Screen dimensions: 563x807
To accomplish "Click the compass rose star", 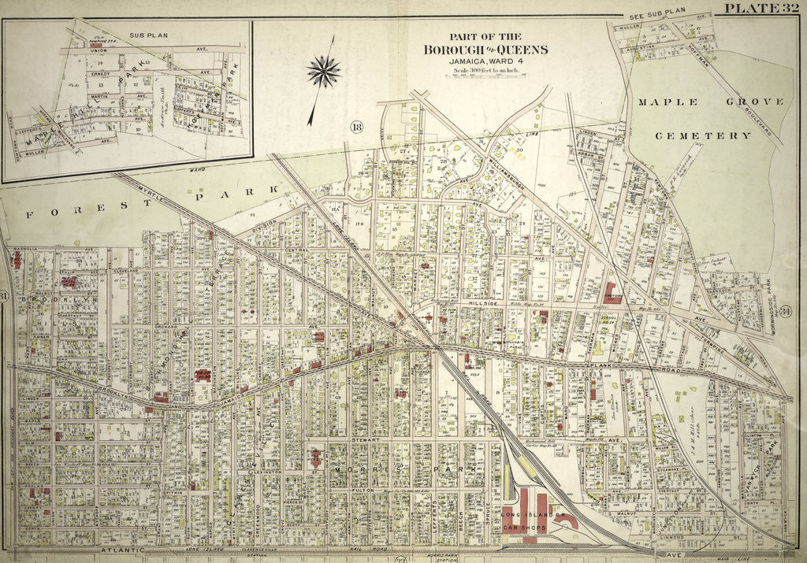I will (323, 72).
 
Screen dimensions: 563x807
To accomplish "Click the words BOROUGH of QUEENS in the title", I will (486, 50).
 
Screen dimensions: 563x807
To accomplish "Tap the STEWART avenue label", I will (370, 441).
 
